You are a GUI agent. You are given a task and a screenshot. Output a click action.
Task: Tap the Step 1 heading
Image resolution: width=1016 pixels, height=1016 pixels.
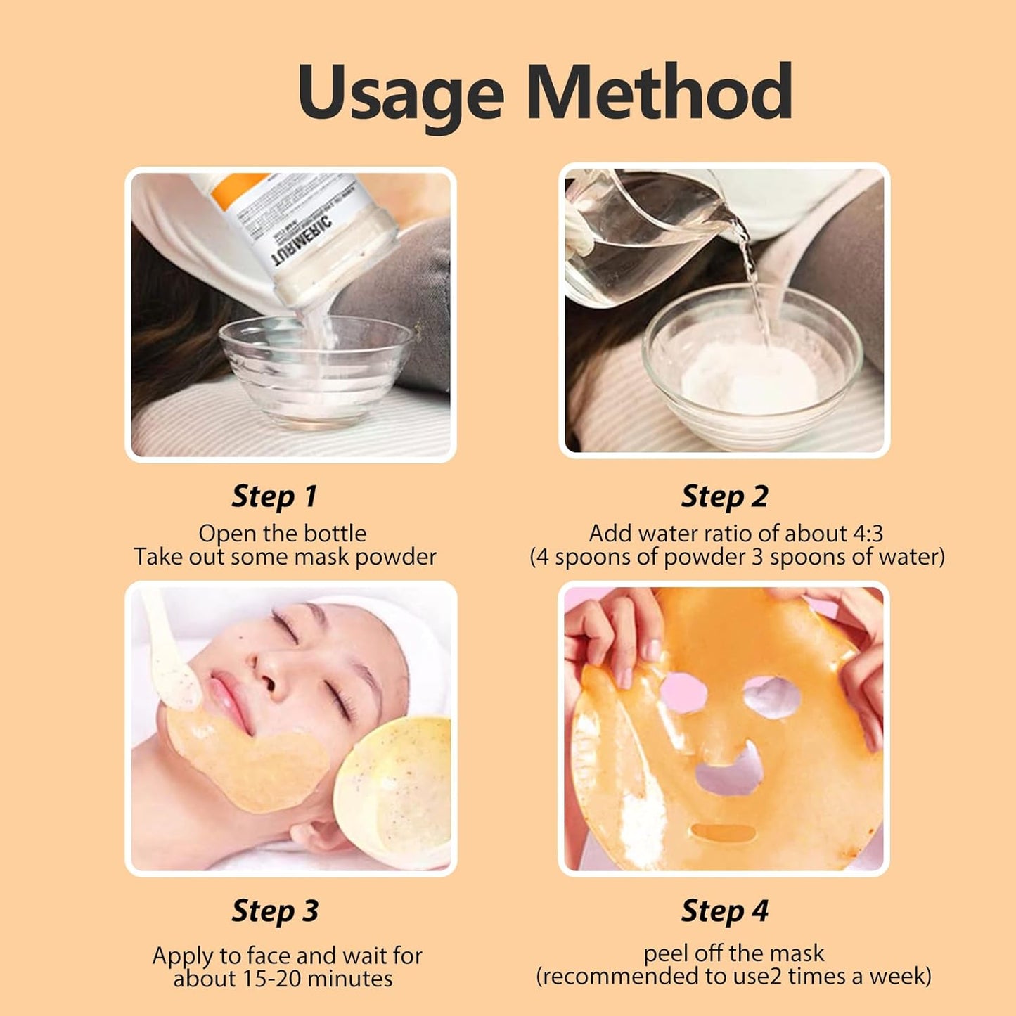(x=274, y=496)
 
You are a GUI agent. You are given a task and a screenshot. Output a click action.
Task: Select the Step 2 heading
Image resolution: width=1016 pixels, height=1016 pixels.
(x=724, y=496)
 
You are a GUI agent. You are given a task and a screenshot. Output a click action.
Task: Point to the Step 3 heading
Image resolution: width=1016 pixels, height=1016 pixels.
(x=275, y=911)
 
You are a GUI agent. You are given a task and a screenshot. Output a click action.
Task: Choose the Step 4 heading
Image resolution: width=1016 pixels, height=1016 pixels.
(x=724, y=911)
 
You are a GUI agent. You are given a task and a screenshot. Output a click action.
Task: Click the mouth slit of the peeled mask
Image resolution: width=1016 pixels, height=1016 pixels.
(x=724, y=833)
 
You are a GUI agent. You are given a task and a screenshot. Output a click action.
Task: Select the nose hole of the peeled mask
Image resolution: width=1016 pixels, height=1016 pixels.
(x=728, y=770)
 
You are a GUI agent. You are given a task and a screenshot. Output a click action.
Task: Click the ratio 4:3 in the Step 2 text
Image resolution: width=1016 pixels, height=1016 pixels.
(x=868, y=534)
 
